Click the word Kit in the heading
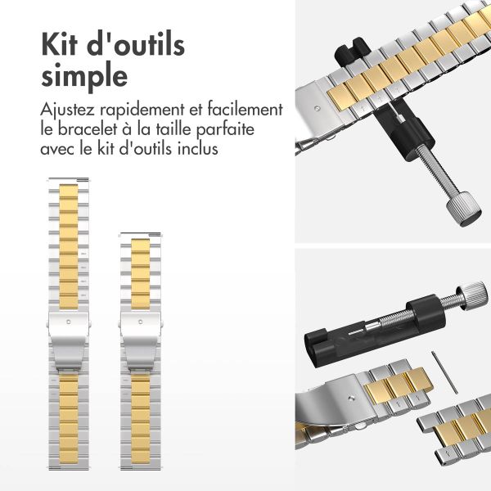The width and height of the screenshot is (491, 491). [x=59, y=44]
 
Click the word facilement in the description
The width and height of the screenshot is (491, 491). [x=245, y=110]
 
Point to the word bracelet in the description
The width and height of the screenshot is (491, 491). [x=87, y=129]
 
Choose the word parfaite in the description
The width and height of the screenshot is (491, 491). [x=225, y=130]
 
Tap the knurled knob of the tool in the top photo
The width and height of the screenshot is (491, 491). [x=464, y=209]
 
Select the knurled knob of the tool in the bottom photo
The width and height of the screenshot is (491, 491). [x=475, y=295]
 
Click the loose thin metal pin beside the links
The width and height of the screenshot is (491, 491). [x=444, y=372]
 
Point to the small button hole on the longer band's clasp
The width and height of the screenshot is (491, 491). [x=69, y=322]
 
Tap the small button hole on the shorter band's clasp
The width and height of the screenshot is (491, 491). [x=140, y=322]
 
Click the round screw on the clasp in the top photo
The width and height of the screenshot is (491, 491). [x=318, y=109]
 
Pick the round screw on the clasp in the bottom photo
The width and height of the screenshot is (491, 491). [x=352, y=399]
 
